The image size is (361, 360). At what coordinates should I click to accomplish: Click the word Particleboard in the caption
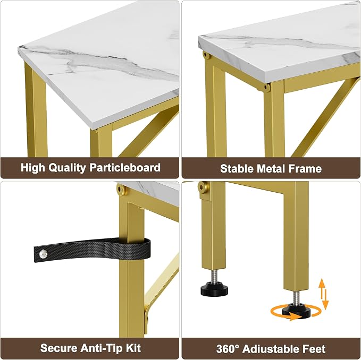[125, 168]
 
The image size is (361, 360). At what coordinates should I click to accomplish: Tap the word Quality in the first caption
[67, 168]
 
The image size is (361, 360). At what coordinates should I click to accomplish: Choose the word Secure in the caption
[58, 348]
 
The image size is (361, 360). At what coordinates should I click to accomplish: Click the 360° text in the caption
[228, 349]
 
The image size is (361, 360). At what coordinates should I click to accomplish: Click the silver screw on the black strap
[43, 254]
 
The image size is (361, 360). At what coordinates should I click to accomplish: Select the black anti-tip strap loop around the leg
[92, 250]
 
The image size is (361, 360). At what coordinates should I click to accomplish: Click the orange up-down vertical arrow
[323, 294]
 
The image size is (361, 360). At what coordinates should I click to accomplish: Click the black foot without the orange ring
[214, 290]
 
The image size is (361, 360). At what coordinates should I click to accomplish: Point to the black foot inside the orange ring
[296, 310]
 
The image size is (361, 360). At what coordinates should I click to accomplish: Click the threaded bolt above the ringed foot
[296, 297]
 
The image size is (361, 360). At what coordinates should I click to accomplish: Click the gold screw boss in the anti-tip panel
[121, 189]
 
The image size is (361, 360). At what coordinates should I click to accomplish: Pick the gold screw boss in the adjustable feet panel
[203, 187]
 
